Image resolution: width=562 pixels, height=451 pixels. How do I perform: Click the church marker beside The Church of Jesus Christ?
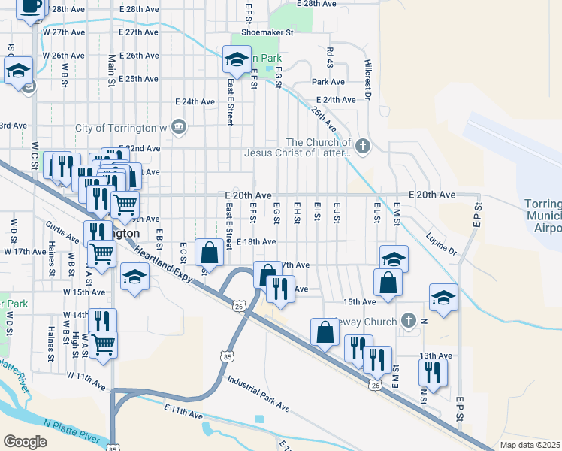click(363, 146)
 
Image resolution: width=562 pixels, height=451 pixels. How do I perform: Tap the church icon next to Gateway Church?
click(409, 321)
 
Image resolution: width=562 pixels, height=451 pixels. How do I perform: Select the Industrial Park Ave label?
click(258, 395)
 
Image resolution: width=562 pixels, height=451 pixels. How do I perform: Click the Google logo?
click(25, 441)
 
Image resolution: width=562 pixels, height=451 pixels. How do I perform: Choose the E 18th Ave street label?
click(256, 242)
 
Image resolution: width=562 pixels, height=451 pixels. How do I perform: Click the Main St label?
click(112, 68)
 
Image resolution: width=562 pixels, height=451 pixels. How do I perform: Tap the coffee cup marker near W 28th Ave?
click(31, 8)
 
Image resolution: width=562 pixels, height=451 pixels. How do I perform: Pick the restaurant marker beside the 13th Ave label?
click(433, 372)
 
